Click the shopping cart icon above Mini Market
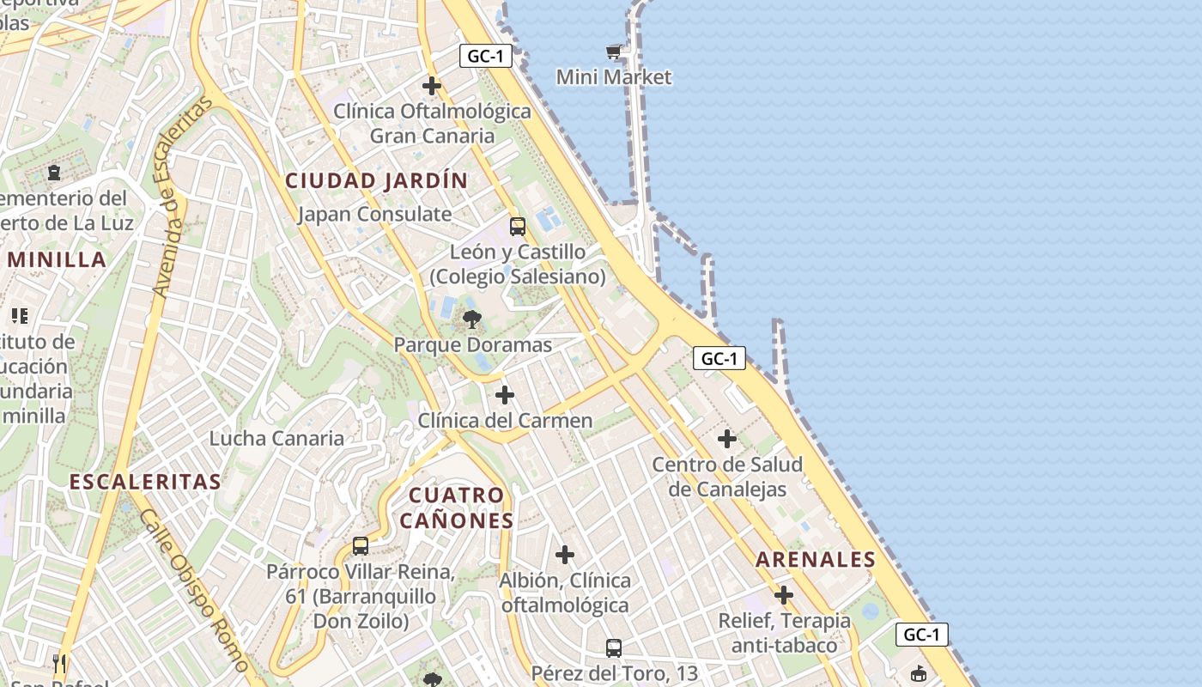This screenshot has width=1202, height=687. (x=613, y=52)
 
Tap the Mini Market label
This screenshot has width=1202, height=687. (x=613, y=77)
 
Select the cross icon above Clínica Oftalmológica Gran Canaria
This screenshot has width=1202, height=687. (x=432, y=86)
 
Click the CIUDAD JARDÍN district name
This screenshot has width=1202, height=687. (x=376, y=181)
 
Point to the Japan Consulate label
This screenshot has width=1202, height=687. (x=374, y=214)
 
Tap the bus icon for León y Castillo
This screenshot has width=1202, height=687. (x=517, y=227)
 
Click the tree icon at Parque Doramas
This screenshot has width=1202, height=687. (x=471, y=320)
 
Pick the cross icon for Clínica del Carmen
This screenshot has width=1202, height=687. (x=505, y=395)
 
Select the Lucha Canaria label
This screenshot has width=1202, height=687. (x=276, y=439)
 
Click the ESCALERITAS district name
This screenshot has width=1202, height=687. (x=145, y=482)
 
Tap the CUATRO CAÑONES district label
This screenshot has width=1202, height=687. (x=456, y=508)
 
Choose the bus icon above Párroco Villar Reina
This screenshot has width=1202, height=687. (x=361, y=546)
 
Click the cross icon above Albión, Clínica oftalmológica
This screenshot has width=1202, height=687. (x=564, y=555)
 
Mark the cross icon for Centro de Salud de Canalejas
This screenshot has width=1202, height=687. (x=726, y=439)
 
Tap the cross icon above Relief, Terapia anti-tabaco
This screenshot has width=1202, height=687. (x=783, y=594)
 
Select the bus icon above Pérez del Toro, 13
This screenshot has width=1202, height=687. (x=613, y=647)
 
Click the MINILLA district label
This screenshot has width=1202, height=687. (x=57, y=260)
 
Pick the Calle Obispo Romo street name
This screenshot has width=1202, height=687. (x=193, y=590)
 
